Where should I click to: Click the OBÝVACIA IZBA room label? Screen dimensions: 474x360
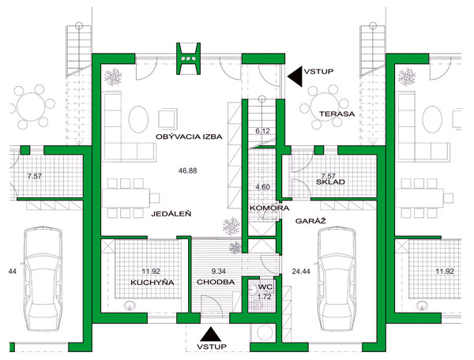click(x=189, y=137)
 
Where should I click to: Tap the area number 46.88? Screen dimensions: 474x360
click(x=187, y=171)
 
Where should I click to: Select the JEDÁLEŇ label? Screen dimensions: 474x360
click(x=171, y=214)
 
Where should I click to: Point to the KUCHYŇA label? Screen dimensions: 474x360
click(x=152, y=283)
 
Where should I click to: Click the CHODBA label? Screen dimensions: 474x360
click(x=216, y=282)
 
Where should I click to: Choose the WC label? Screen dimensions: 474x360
click(x=265, y=287)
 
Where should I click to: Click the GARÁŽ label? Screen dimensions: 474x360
click(x=310, y=221)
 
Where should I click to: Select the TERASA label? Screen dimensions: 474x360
click(x=337, y=114)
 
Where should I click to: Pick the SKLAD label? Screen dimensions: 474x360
click(x=330, y=182)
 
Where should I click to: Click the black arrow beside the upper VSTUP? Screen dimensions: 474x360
click(x=295, y=77)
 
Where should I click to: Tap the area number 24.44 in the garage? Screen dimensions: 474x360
click(x=301, y=272)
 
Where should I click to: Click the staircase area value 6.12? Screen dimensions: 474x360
click(x=262, y=131)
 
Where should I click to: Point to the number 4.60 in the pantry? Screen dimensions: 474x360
click(x=262, y=187)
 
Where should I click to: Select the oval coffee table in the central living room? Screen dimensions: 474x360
click(x=138, y=118)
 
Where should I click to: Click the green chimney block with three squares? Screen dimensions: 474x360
click(x=189, y=58)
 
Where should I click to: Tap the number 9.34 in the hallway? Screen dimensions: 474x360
click(x=218, y=272)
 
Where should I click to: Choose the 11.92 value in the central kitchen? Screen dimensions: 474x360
click(x=151, y=272)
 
